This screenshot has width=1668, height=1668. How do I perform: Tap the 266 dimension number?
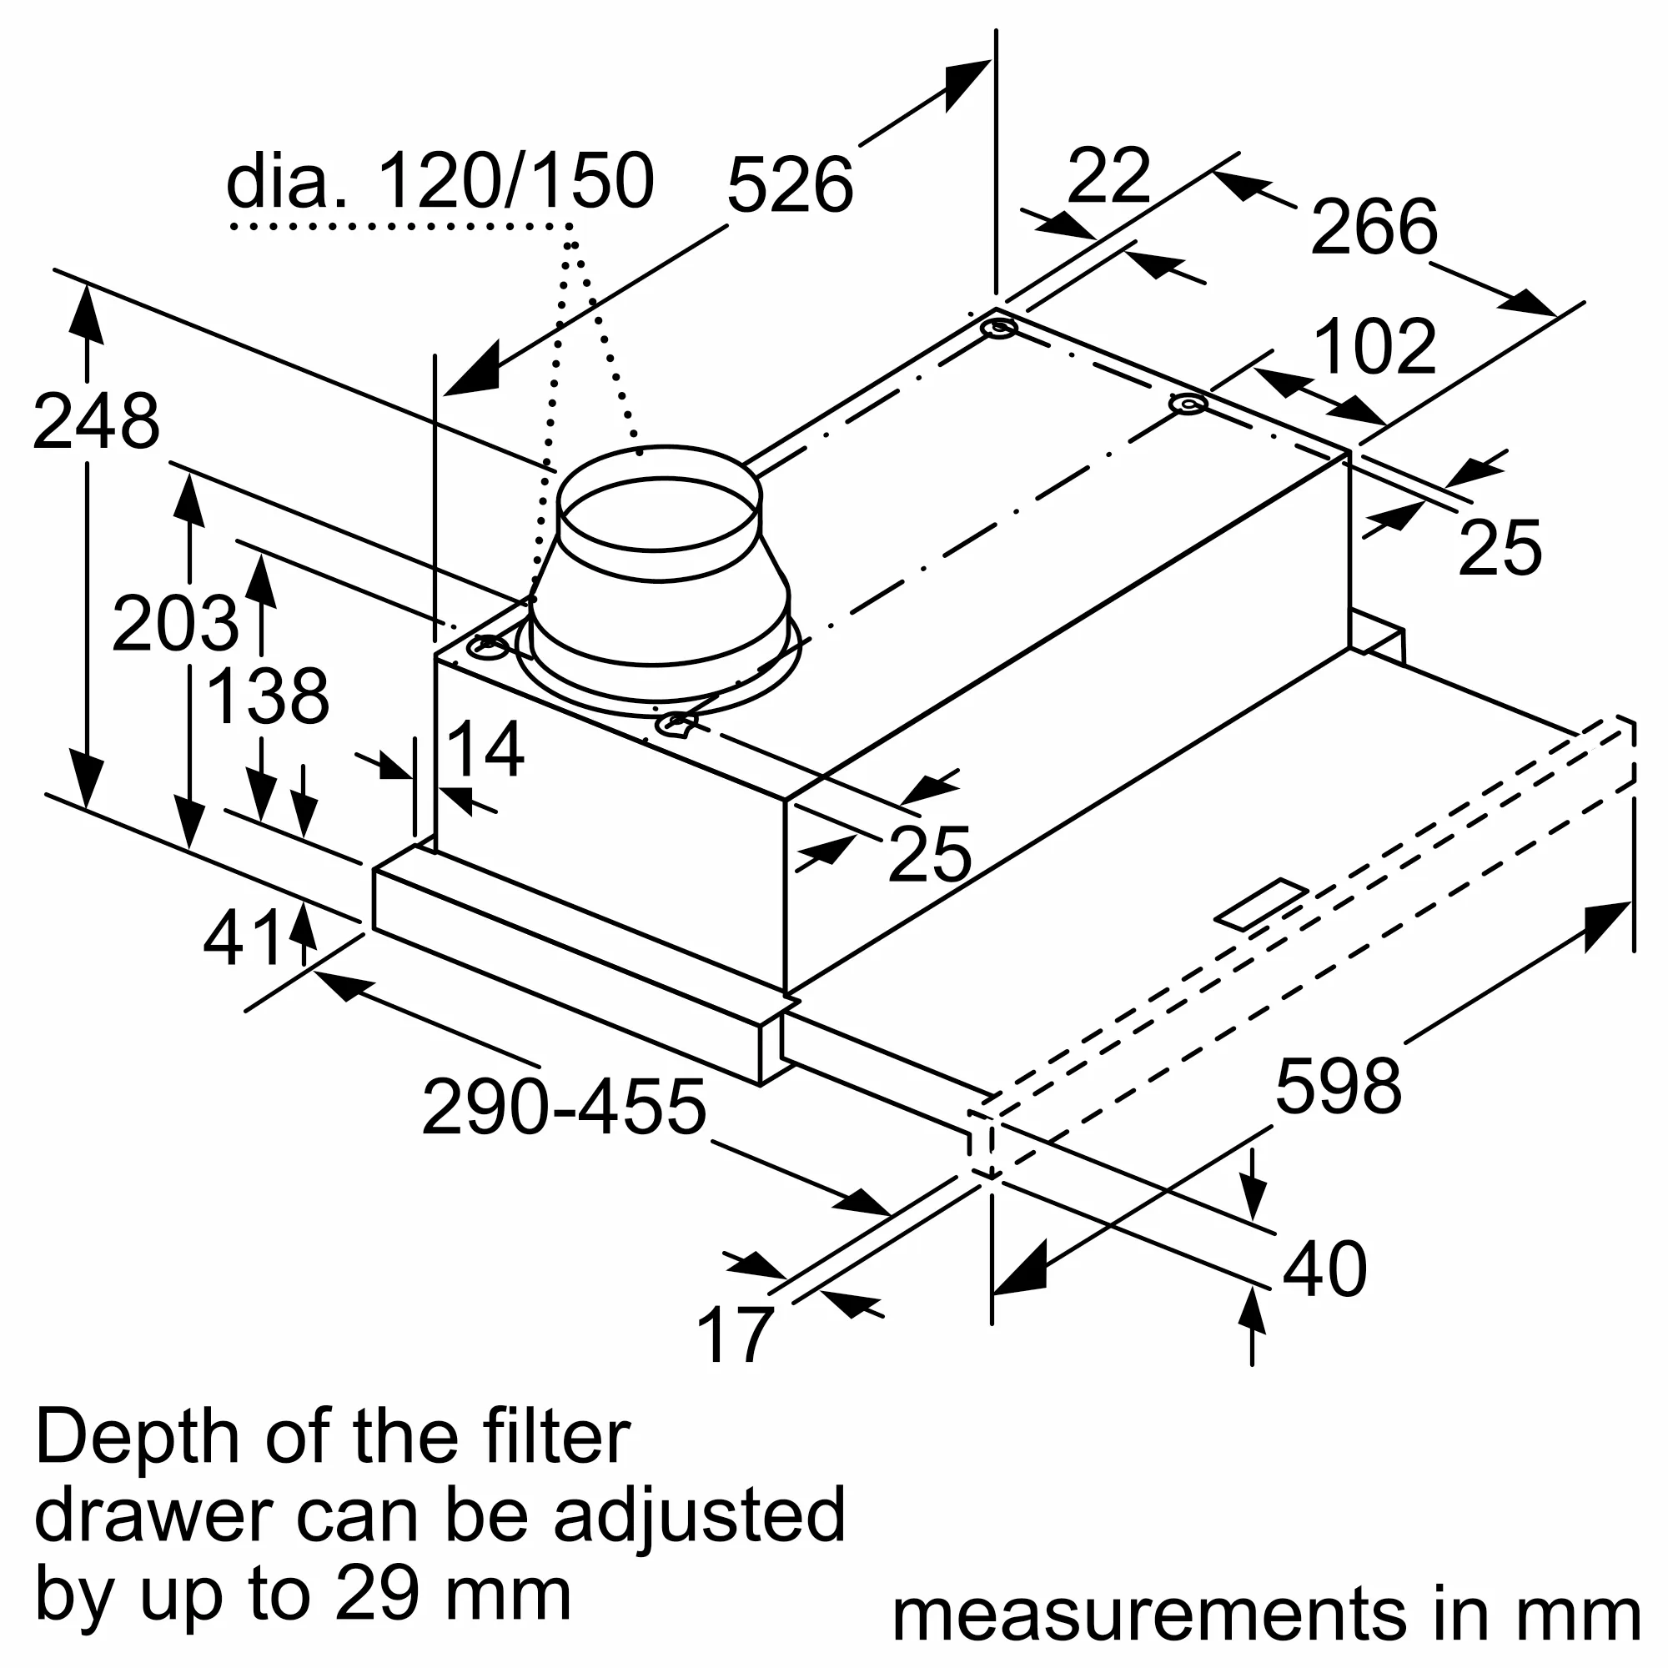[1374, 227]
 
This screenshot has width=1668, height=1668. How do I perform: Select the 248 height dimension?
[96, 422]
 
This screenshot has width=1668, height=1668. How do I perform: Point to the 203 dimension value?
[175, 623]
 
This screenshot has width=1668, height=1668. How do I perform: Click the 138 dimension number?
[269, 696]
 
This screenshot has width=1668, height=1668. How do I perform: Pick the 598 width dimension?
[1339, 1086]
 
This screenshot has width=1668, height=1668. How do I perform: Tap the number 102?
[1374, 347]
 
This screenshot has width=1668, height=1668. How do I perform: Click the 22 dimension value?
[1108, 176]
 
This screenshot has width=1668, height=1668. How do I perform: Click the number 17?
[735, 1335]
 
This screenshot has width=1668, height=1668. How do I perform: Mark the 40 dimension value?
[1324, 1269]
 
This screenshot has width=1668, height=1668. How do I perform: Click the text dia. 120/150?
[440, 182]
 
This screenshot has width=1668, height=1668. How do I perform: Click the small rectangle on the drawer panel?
[1261, 905]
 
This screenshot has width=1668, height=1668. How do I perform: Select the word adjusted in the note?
[700, 1515]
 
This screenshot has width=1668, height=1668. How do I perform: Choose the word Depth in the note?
[138, 1439]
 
